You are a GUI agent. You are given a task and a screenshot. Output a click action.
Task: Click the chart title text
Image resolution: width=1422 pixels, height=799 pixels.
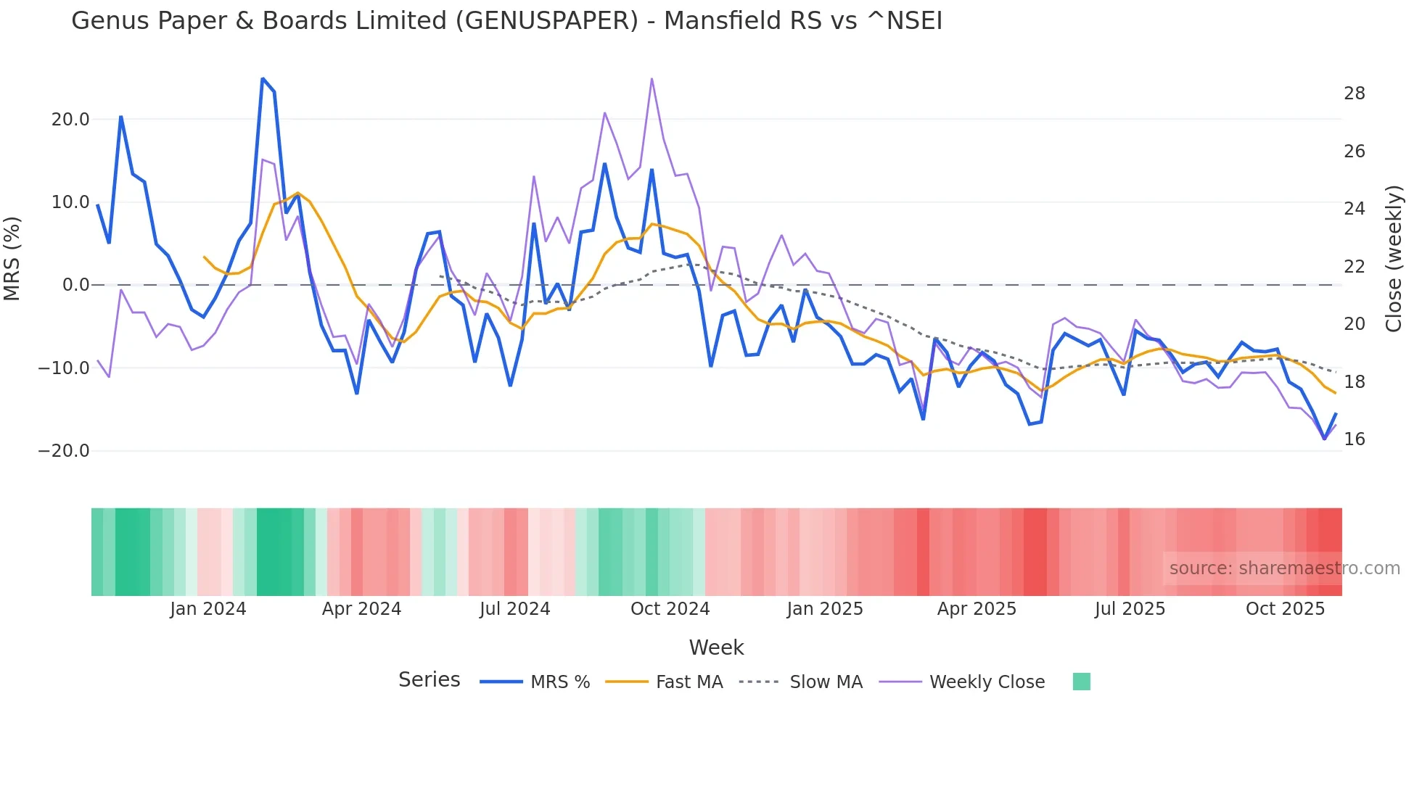click(x=506, y=21)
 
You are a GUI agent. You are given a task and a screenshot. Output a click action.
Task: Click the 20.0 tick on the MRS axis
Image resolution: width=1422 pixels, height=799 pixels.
click(x=70, y=120)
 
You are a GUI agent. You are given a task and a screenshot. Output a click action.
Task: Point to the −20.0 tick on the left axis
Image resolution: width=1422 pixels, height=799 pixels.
click(x=64, y=451)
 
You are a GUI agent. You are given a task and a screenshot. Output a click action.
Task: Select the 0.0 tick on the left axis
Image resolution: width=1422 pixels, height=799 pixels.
click(x=75, y=285)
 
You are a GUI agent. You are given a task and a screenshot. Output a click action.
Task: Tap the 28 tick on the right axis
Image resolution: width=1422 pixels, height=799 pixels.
click(x=1354, y=94)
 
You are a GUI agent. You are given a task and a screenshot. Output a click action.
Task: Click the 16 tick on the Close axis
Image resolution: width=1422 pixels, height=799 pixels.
click(x=1354, y=439)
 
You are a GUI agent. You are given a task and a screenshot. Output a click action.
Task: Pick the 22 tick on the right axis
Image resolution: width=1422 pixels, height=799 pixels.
click(x=1354, y=267)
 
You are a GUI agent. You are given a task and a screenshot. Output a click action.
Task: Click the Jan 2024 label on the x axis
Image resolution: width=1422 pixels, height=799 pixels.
click(x=208, y=609)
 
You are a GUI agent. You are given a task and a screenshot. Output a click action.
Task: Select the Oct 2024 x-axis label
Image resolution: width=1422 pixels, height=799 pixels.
click(x=670, y=609)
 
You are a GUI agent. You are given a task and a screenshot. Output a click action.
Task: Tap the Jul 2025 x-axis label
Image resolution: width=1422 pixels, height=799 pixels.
click(x=1130, y=609)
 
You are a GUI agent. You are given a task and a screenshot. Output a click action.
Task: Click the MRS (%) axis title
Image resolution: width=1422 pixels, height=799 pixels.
click(x=12, y=259)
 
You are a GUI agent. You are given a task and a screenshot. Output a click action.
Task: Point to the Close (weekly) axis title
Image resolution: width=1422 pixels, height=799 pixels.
click(x=1393, y=259)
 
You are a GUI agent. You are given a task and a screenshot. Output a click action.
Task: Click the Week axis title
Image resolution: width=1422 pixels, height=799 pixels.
click(x=716, y=647)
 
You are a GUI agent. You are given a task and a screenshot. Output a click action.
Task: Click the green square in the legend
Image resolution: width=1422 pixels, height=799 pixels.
click(x=1081, y=682)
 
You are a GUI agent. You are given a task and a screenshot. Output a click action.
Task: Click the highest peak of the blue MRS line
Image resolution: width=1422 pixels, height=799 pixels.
click(x=263, y=78)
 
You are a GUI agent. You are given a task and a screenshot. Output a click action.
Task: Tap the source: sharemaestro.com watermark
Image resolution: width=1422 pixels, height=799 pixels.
click(x=1284, y=568)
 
